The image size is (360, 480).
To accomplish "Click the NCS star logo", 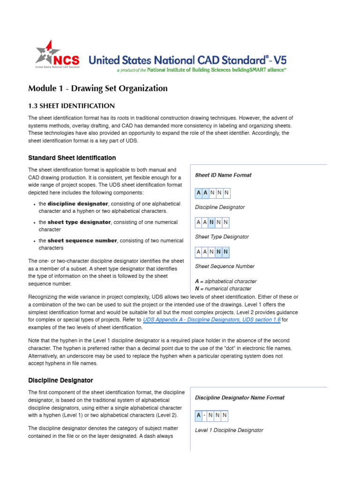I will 47,52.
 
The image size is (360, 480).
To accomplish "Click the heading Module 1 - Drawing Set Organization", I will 97,88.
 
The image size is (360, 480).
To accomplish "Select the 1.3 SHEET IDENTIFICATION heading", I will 71,106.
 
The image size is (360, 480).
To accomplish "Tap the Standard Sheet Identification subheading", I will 72,158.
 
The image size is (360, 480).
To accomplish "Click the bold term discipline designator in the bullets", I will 78,204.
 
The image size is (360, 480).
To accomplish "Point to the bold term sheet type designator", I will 79,222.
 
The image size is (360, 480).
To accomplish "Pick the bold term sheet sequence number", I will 82,240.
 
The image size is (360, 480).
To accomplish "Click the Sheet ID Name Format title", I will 223,175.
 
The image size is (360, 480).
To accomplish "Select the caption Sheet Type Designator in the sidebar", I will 222,237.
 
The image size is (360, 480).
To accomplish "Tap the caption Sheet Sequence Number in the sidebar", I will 225,266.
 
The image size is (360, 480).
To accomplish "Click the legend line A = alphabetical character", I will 225,281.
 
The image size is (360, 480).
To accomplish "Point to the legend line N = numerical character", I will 223,289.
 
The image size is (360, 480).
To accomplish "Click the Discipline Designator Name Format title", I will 240,397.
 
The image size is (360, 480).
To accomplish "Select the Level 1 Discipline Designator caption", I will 229,430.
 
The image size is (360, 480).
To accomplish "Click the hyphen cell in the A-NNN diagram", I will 205,415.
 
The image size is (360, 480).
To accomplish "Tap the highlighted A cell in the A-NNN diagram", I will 199,415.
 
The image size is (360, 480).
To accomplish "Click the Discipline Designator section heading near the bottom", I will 60,380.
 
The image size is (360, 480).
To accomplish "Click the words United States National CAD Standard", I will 178,60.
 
